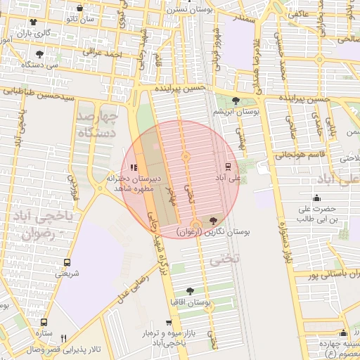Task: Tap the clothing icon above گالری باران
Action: [33, 22]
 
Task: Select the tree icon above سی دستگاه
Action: [39, 53]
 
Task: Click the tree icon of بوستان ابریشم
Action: [236, 101]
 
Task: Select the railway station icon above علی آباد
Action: [228, 167]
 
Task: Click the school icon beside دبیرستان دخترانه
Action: [134, 167]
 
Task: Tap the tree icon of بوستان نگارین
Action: [213, 221]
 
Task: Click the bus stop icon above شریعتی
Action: [67, 262]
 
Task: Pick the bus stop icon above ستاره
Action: [44, 322]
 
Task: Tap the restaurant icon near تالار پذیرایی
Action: [64, 338]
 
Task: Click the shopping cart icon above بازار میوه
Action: [167, 323]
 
